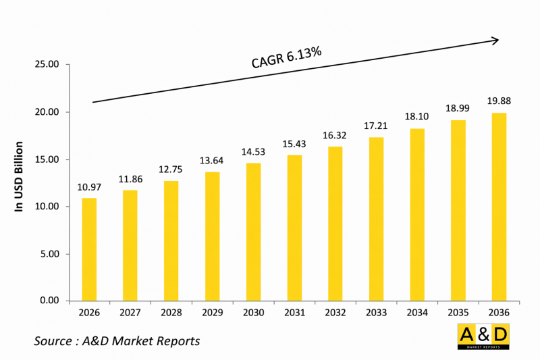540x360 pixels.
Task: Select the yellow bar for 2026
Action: [x=89, y=249]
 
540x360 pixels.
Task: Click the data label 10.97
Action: [x=89, y=187]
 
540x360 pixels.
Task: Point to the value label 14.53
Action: [x=252, y=152]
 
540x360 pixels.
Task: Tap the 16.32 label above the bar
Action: [x=335, y=135]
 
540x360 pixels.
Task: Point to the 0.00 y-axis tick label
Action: [x=50, y=301]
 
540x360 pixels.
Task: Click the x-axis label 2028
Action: [x=171, y=313]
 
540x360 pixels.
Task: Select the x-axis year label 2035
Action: [x=458, y=313]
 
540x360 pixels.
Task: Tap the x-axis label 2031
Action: [x=294, y=313]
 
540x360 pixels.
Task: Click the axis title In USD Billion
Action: [x=20, y=176]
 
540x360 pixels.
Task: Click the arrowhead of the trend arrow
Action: [x=495, y=41]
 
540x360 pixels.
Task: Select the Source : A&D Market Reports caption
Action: [x=117, y=341]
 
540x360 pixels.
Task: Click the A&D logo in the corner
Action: [x=483, y=336]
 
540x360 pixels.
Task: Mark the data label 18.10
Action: [x=417, y=117]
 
